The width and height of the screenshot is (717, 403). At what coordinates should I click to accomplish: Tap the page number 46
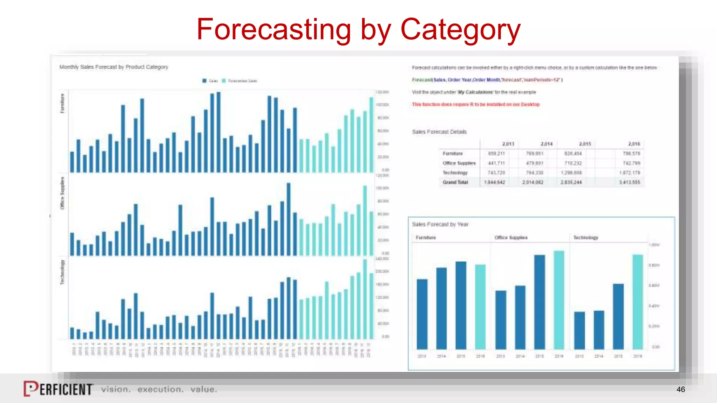click(x=681, y=389)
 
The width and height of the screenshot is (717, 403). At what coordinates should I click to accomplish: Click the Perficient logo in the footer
click(x=58, y=389)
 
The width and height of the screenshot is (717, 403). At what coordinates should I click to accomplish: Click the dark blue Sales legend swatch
click(x=204, y=81)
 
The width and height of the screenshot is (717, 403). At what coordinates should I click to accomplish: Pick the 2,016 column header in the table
click(x=634, y=144)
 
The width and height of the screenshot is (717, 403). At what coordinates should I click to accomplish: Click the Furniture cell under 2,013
click(x=496, y=154)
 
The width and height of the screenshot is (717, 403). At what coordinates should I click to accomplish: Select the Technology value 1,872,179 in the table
click(x=629, y=173)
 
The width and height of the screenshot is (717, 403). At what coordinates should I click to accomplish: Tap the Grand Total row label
click(x=455, y=182)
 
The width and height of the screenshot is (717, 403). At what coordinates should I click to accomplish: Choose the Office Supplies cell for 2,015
click(x=573, y=163)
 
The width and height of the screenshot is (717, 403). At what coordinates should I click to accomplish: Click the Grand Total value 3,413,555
click(x=629, y=182)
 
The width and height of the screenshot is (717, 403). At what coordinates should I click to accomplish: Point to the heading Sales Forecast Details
click(x=439, y=132)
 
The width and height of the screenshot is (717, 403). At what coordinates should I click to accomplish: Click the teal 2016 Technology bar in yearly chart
click(x=638, y=302)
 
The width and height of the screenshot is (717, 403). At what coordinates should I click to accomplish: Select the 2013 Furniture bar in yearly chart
click(x=422, y=314)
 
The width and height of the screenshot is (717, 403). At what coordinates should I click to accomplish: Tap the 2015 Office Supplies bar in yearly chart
click(x=540, y=302)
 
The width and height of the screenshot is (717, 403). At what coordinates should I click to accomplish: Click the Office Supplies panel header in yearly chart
click(x=511, y=238)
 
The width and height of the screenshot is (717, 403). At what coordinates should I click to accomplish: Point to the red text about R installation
click(x=475, y=104)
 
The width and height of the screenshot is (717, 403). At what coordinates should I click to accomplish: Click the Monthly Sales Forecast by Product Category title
click(x=114, y=67)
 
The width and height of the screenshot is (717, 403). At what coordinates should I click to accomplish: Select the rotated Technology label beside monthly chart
click(x=63, y=272)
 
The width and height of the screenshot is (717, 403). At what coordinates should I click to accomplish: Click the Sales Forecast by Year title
click(x=440, y=224)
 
